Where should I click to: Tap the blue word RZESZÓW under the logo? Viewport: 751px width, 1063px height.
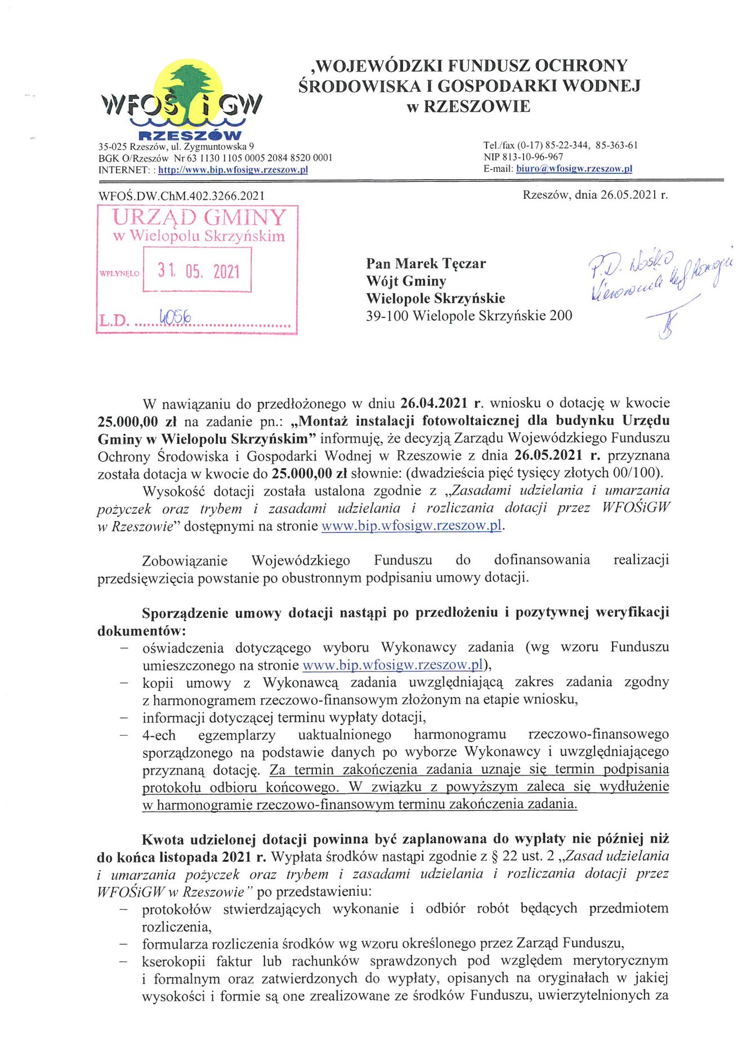coord(190,135)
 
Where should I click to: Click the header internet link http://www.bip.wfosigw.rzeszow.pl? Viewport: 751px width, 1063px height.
coord(233,170)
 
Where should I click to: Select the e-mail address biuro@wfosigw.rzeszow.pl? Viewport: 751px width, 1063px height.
coord(574,168)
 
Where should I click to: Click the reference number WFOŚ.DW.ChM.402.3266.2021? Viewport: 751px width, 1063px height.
coord(181,196)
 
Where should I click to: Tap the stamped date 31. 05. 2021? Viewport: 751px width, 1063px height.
coord(198,272)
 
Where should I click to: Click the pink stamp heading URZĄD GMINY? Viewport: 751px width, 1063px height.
coord(199,217)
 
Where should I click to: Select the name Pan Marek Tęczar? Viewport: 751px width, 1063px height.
coord(426,264)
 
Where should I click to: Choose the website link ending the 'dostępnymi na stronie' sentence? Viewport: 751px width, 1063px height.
coord(411,526)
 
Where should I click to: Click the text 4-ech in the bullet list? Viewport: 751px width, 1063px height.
coord(159,735)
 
